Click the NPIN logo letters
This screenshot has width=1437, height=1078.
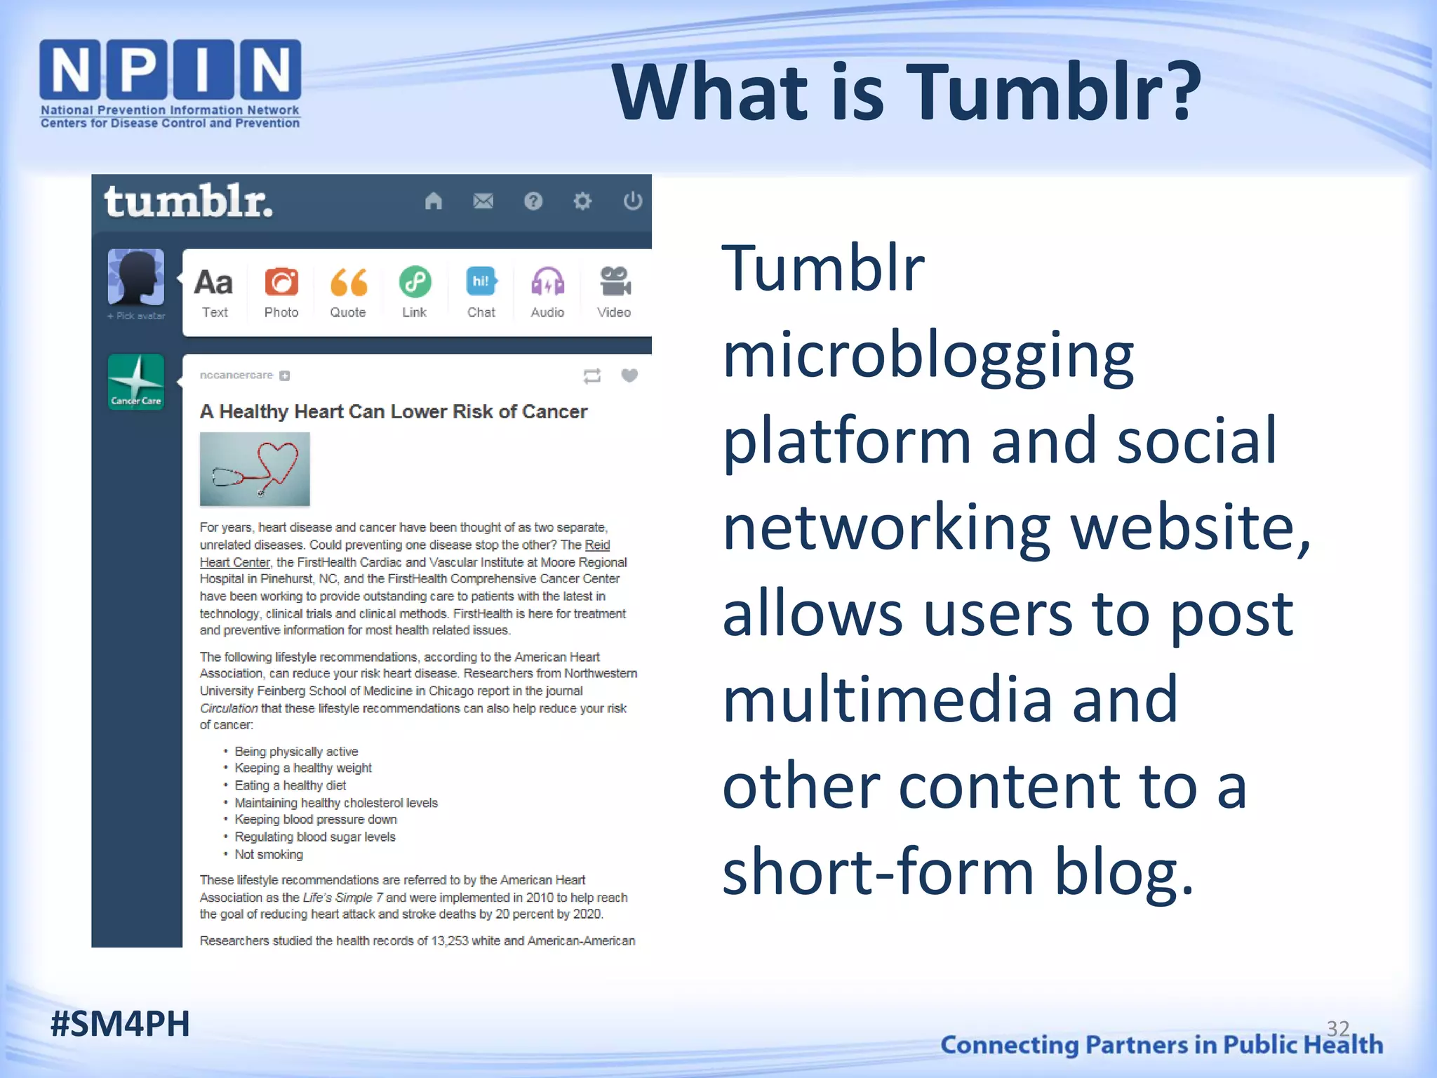(x=170, y=69)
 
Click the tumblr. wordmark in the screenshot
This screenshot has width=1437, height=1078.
(x=188, y=202)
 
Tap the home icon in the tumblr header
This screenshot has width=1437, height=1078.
(x=434, y=201)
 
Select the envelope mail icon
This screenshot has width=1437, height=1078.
(x=483, y=201)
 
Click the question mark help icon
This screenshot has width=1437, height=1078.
(x=533, y=201)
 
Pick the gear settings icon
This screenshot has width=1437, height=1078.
(x=582, y=201)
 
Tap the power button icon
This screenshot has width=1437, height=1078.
(x=632, y=201)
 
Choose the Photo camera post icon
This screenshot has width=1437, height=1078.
(x=281, y=283)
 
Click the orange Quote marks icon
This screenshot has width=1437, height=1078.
(x=348, y=283)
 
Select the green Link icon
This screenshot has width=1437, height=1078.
(x=415, y=283)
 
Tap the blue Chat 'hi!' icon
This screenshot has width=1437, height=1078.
(x=481, y=282)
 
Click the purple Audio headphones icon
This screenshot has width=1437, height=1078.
(x=547, y=283)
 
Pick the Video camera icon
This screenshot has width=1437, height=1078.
(x=615, y=282)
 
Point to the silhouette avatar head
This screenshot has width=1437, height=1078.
(x=136, y=277)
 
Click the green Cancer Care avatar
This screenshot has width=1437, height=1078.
(x=136, y=382)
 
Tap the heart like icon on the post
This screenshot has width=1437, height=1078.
(x=629, y=375)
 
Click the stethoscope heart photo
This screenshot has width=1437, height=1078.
(x=255, y=469)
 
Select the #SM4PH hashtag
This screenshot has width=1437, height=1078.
(x=120, y=1024)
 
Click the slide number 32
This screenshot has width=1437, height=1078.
(x=1338, y=1029)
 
